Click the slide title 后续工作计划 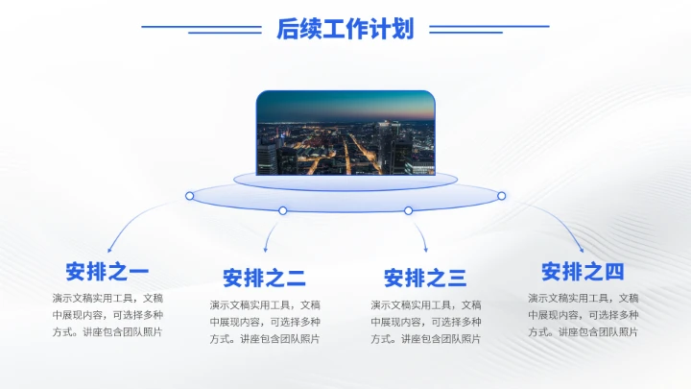point(345,29)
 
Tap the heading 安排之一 point(107,271)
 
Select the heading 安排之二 point(265,279)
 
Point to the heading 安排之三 point(425,279)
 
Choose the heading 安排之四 point(583,271)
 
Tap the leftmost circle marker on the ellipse point(190,196)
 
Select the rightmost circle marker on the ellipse point(501,196)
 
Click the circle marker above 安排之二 point(283,210)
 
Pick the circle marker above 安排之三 point(408,210)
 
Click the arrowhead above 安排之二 point(266,252)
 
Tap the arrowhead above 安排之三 point(425,252)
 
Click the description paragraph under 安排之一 point(107,315)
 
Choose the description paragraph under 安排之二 point(265,322)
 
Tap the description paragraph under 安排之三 point(425,322)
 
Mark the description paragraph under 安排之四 point(583,315)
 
